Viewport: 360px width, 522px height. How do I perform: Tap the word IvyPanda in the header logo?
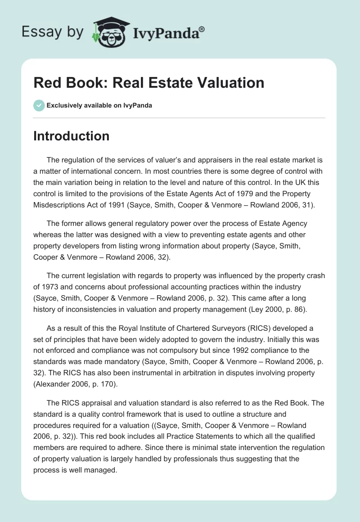[x=166, y=32]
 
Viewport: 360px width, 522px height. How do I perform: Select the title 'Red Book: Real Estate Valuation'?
[x=148, y=83]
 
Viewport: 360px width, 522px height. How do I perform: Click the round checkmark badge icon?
[x=39, y=105]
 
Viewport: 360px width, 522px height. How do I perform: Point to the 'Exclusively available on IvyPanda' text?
[x=99, y=105]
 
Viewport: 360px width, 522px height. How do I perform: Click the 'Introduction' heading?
[x=71, y=136]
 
